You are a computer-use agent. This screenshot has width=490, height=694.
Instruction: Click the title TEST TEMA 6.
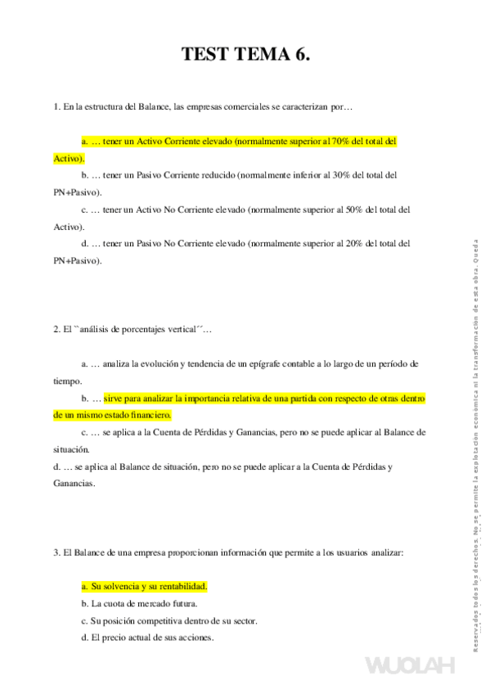pos(245,56)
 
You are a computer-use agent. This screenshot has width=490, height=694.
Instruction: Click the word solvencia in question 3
pos(119,587)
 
